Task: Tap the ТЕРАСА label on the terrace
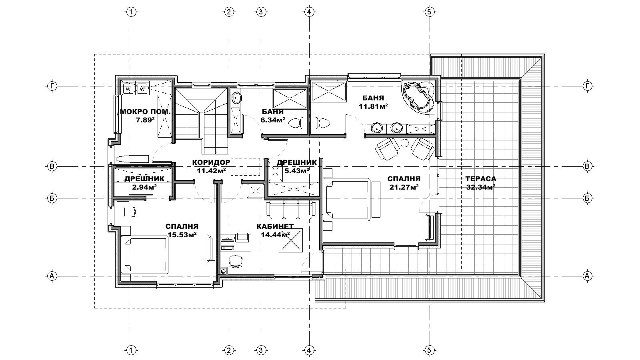tap(481, 179)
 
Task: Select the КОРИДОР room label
tap(211, 162)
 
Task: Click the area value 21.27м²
tap(404, 187)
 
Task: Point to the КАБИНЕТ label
tap(275, 226)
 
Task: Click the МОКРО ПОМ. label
tap(145, 112)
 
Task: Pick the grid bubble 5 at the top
tap(430, 12)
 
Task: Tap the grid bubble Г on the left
tap(52, 86)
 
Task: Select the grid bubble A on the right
tap(587, 276)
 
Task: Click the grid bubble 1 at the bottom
tap(131, 350)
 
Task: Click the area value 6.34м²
tap(273, 120)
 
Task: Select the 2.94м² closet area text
tap(144, 187)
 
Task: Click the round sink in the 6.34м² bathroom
tap(236, 98)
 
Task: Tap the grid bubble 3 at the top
tap(260, 12)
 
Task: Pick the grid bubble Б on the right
tap(587, 198)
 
